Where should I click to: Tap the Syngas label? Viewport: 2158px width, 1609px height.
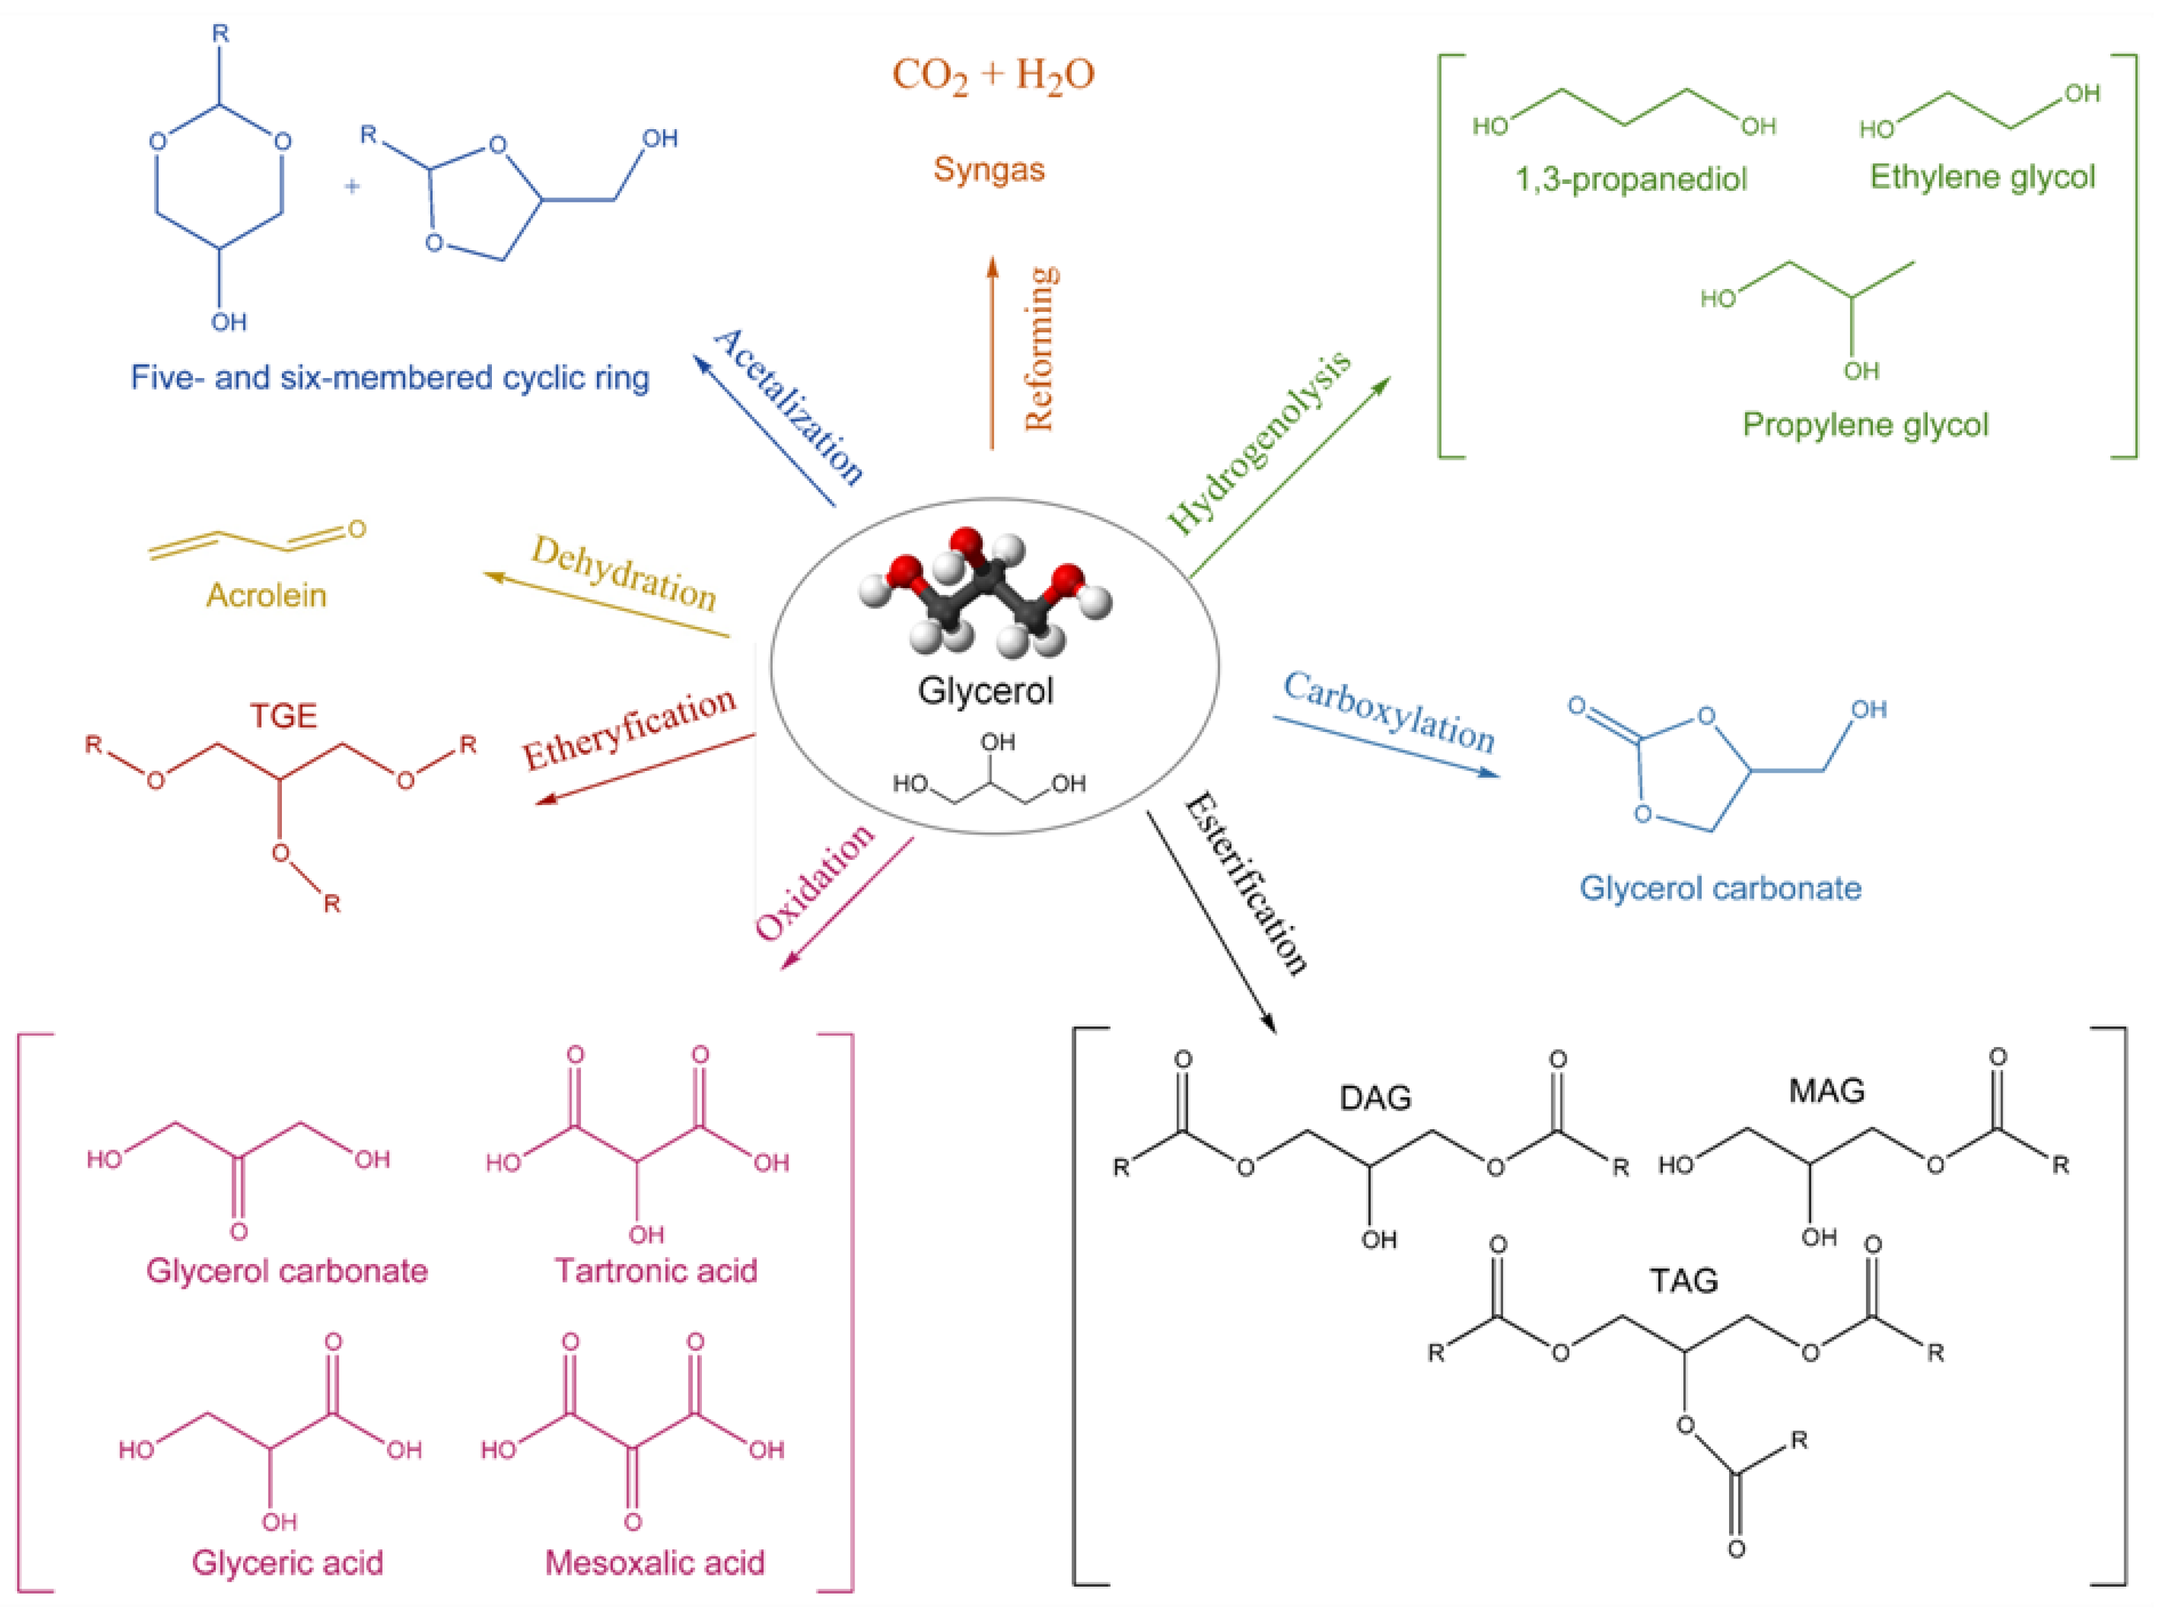point(988,169)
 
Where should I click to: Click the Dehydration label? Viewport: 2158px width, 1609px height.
point(623,573)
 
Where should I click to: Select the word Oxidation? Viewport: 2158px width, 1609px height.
point(814,882)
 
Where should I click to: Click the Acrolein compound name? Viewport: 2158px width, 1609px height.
point(266,595)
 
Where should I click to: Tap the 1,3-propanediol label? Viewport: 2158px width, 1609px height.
point(1630,179)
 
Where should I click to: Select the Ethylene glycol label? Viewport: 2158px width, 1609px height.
point(1982,178)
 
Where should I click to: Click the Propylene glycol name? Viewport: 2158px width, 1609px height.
point(1864,425)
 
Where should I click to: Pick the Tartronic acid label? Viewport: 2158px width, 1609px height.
point(655,1270)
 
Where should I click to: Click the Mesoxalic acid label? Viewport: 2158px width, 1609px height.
point(654,1563)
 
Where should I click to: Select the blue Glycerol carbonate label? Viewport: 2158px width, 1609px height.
point(1720,889)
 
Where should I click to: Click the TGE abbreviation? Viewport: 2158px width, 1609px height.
point(283,716)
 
